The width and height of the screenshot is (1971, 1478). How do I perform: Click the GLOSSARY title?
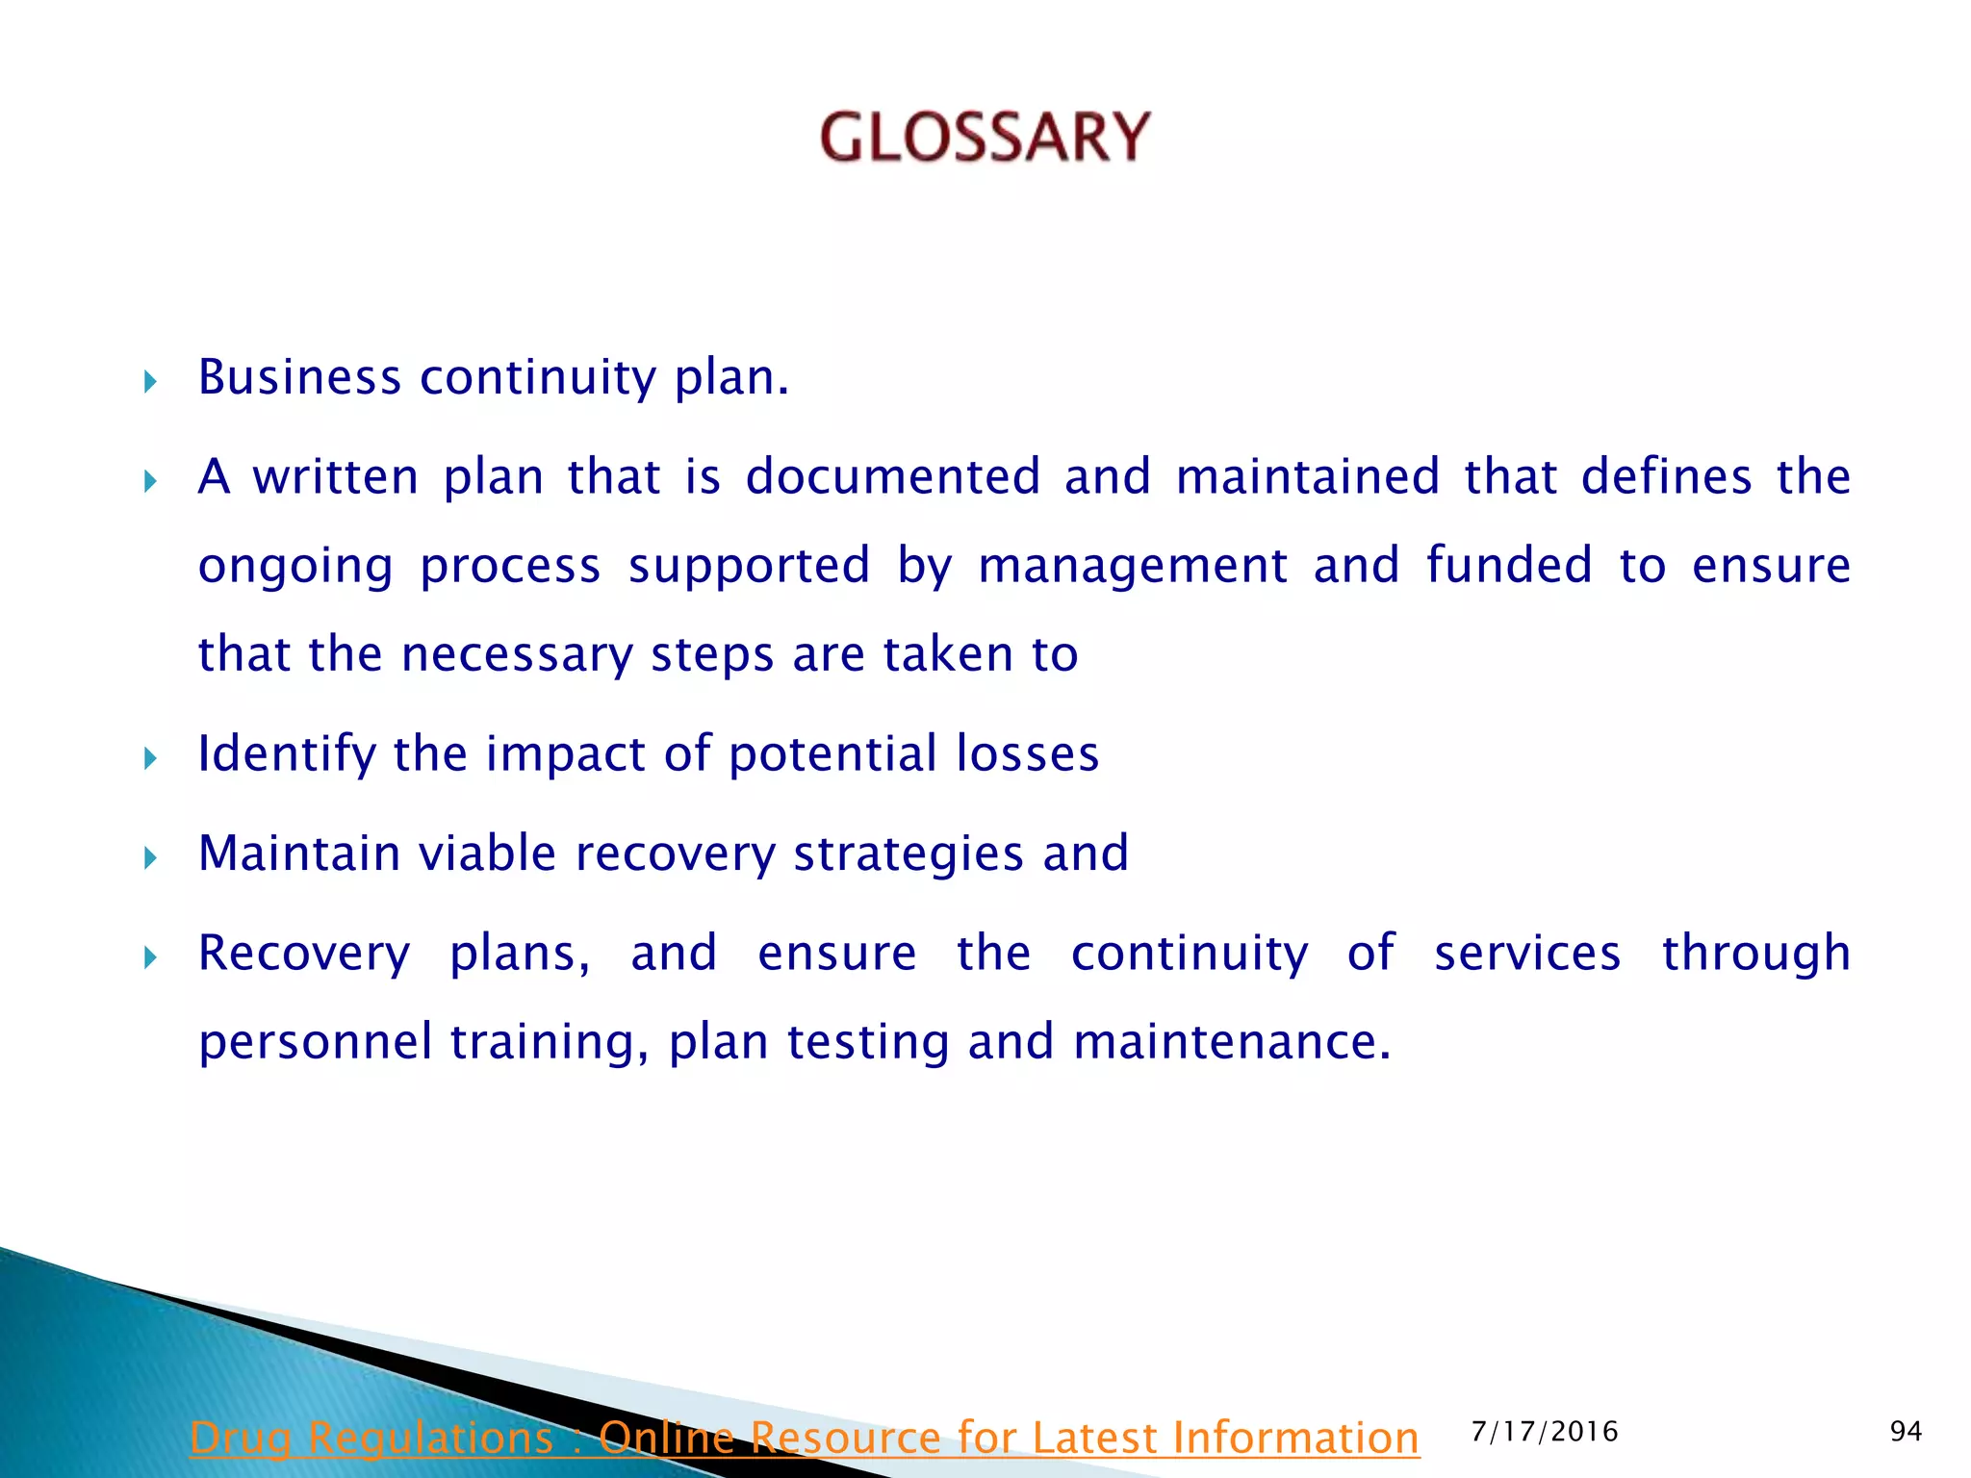click(985, 137)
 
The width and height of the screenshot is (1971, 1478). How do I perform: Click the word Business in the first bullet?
click(299, 377)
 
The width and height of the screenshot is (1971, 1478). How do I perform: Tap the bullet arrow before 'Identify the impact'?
click(150, 759)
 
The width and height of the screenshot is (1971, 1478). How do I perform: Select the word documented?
click(893, 477)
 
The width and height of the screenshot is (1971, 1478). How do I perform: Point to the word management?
click(1133, 566)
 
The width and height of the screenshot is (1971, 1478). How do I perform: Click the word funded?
click(1509, 565)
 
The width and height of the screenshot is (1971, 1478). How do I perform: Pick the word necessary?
click(517, 655)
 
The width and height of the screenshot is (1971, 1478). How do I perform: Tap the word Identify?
click(286, 754)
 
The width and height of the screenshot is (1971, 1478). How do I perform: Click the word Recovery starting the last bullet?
click(304, 954)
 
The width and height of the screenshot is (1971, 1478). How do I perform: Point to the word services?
click(1527, 954)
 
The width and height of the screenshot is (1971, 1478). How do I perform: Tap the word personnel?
click(315, 1042)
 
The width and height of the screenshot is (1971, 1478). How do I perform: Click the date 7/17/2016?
click(1545, 1432)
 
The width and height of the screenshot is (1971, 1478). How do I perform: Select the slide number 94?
click(1906, 1432)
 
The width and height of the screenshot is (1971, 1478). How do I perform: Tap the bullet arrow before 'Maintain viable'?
click(150, 858)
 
